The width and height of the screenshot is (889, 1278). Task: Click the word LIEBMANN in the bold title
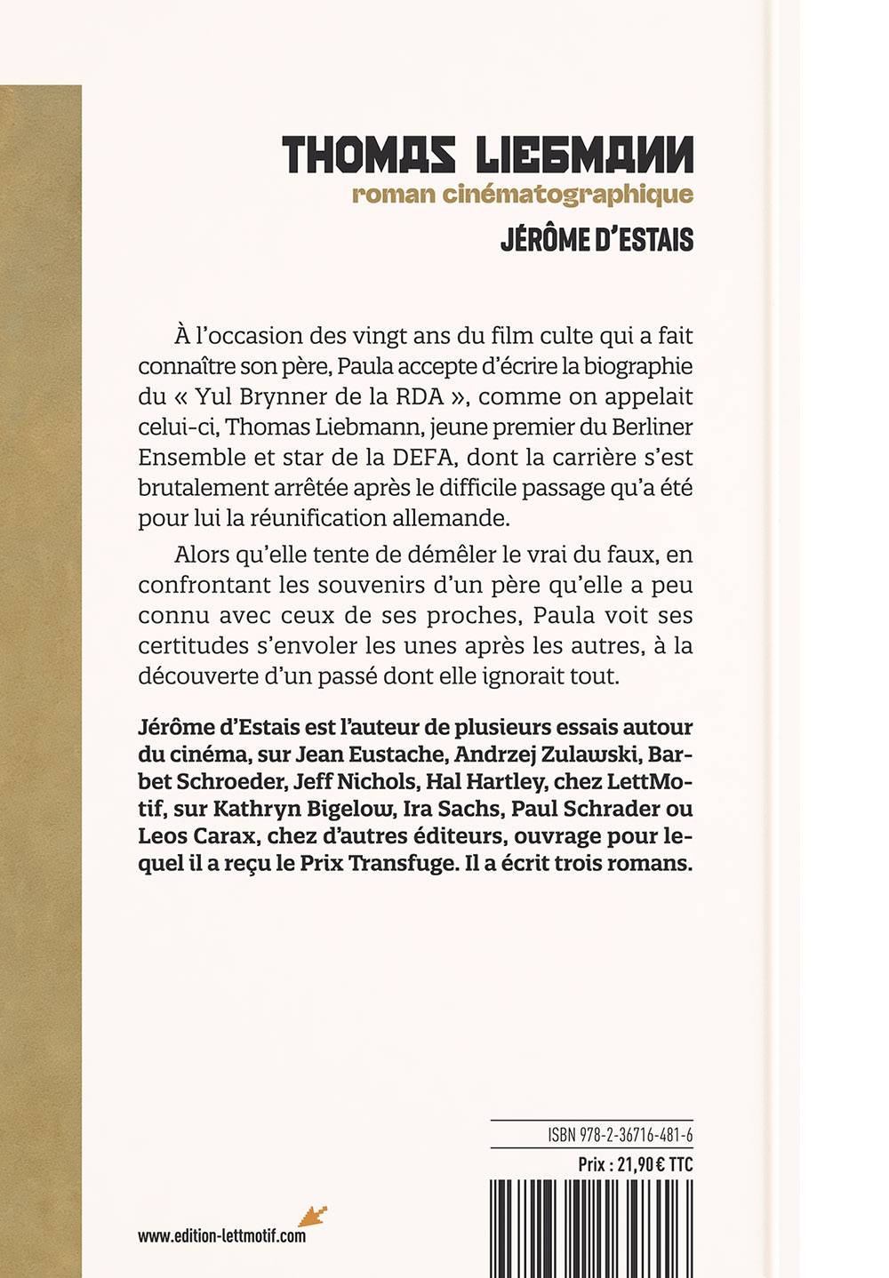point(584,156)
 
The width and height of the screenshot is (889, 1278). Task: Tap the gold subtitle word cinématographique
point(569,195)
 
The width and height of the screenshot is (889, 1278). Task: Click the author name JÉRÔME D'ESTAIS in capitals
point(597,241)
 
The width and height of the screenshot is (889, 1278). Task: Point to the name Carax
point(222,836)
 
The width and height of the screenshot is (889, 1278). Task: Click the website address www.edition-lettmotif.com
point(221,1235)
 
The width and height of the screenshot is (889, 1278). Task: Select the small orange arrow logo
point(312,1217)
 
